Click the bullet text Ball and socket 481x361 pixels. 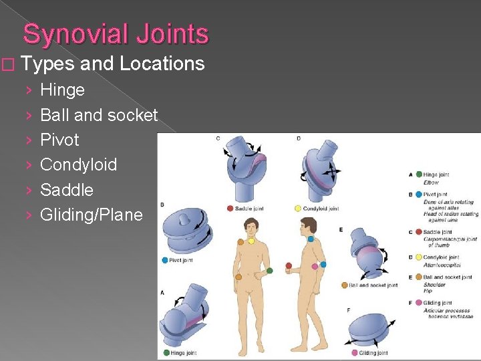point(99,115)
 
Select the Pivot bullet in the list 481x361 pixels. point(59,140)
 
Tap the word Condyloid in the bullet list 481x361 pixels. point(78,164)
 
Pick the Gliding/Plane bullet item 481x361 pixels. point(92,215)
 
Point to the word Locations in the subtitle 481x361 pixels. point(162,64)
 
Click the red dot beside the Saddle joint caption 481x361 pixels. point(230,209)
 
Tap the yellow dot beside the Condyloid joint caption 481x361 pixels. point(297,209)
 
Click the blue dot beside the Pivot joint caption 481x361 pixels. point(164,260)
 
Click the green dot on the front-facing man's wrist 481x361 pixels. point(270,271)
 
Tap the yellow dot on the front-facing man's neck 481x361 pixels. point(251,241)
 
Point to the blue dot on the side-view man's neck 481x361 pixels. point(311,239)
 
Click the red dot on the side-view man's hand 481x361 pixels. point(289,265)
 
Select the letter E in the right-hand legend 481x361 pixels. point(410,276)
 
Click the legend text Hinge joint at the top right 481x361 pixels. point(436,174)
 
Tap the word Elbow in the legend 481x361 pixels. point(432,183)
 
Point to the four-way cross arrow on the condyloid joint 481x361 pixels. point(332,171)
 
